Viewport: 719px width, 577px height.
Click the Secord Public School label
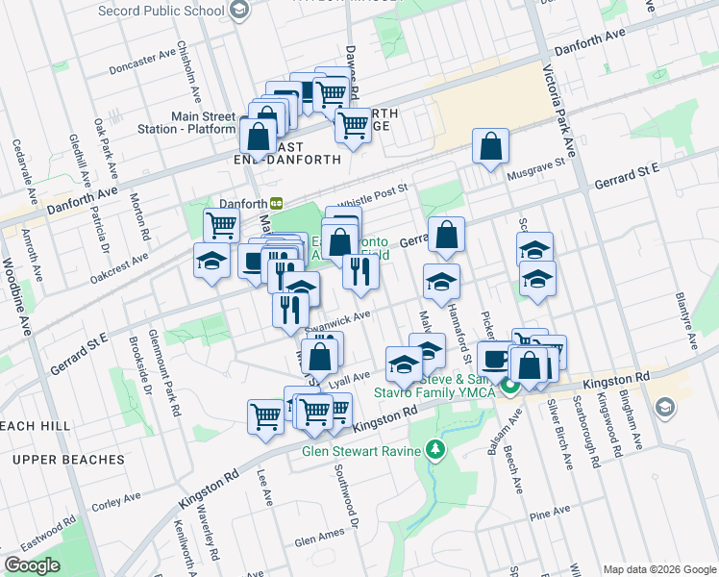tap(163, 13)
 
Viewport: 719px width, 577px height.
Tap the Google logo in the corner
tap(33, 565)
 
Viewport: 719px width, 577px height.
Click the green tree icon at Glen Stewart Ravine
tap(435, 450)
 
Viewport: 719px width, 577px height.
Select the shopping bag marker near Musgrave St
tap(490, 148)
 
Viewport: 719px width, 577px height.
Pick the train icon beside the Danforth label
tap(276, 203)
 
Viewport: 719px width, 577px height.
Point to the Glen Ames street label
tap(319, 541)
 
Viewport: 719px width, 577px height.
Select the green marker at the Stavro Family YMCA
tap(510, 387)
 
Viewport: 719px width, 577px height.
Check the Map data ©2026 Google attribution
tap(659, 569)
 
